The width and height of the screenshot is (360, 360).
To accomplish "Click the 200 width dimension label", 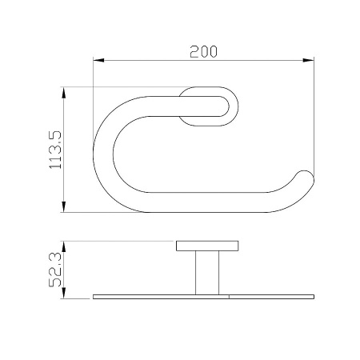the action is pos(203,52).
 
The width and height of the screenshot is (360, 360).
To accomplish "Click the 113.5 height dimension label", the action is pos(55,150).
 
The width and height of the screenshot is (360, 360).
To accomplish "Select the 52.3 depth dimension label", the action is pos(55,270).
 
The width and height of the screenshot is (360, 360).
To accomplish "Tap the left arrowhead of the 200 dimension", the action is pos(98,60).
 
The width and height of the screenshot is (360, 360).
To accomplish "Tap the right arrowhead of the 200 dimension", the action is pos(309,60).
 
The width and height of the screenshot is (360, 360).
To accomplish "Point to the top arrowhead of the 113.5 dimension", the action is pos(63,92).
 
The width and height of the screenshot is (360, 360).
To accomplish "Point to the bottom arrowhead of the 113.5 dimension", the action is pos(63,207).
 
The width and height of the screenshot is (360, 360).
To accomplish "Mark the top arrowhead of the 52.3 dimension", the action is pos(63,246).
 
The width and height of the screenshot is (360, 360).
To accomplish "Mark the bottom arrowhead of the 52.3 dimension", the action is pos(63,293).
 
